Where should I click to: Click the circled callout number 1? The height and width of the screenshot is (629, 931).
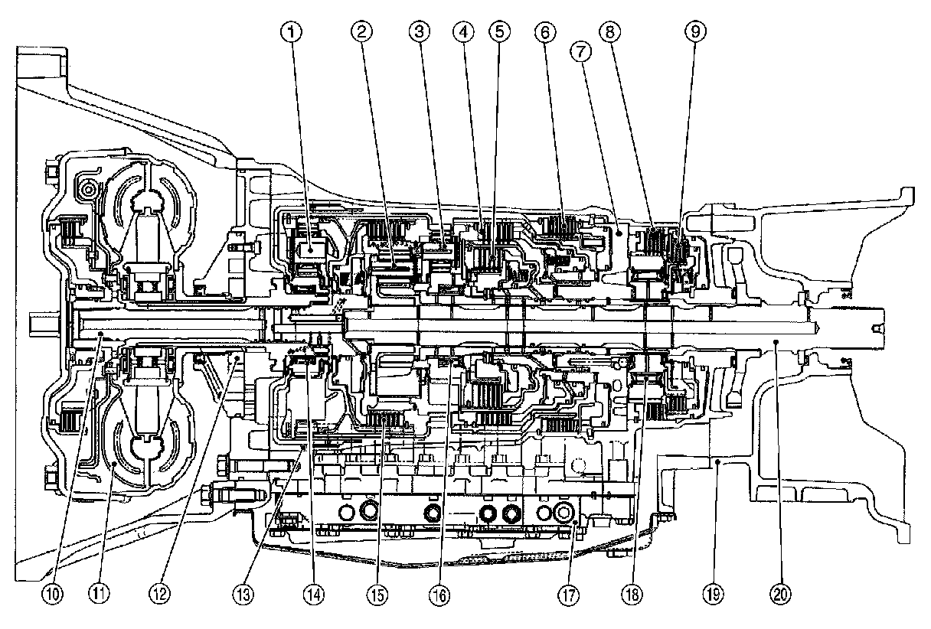(292, 31)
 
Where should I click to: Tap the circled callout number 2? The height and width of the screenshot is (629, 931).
(362, 31)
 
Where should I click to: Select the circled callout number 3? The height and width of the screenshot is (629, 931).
(418, 31)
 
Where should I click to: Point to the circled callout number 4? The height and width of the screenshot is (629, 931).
(462, 31)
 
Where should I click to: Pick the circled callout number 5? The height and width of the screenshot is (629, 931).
(499, 31)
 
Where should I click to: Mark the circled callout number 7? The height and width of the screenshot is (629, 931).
(580, 52)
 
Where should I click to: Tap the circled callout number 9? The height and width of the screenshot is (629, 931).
(697, 31)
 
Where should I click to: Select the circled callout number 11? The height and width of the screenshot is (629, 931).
(96, 593)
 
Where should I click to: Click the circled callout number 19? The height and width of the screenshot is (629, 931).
(714, 593)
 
